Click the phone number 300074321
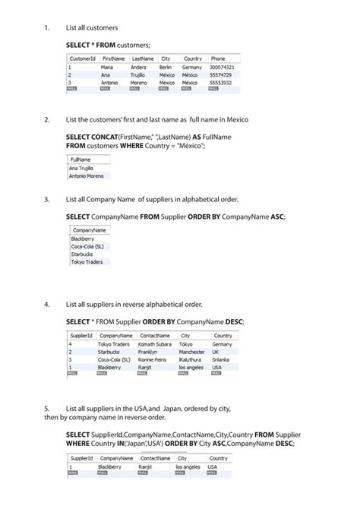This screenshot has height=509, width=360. [223, 68]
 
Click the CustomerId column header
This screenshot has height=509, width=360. [82, 58]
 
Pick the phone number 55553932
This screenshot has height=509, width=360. [221, 82]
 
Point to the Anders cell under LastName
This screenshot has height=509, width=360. [139, 68]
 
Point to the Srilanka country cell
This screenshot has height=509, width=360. [223, 359]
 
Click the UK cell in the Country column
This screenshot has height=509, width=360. [216, 352]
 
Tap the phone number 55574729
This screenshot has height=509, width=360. [221, 75]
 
